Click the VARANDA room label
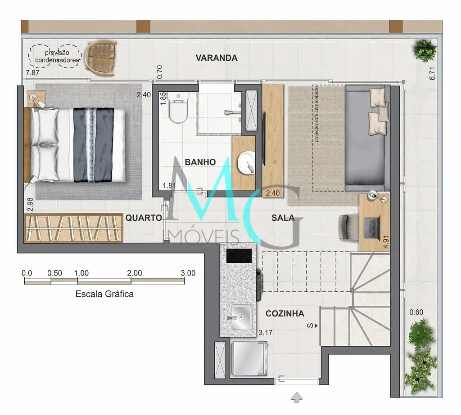point(217,58)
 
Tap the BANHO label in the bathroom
point(200,162)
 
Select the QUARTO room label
point(144,218)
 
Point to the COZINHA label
point(285,314)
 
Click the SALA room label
point(283,218)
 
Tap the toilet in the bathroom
point(178,107)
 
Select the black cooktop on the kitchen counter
point(239,256)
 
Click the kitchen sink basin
point(242,317)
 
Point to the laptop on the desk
point(372,228)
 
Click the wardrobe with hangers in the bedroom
point(73,228)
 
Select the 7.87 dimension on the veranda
point(32,73)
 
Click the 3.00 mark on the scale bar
point(188,273)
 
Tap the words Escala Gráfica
point(104,294)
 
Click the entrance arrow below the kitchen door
point(297,397)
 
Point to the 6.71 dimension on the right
point(432,74)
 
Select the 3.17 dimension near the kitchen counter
point(266,333)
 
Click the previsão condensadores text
point(57,56)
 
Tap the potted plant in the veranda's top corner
point(425,50)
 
